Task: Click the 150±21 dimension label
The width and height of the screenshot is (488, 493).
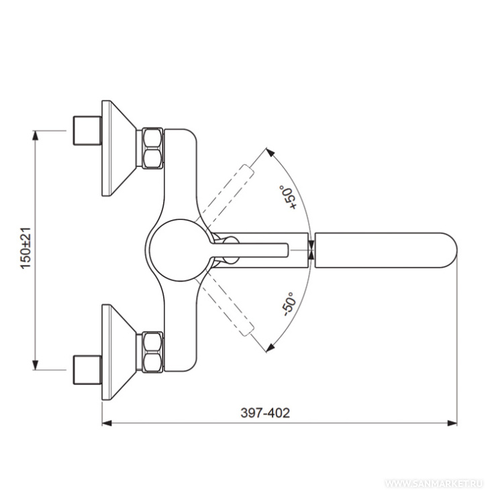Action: coord(26,248)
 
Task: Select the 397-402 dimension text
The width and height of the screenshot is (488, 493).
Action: coord(265,413)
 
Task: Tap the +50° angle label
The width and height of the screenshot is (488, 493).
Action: coord(287,197)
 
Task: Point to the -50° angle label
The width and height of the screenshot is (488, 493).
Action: coord(289,304)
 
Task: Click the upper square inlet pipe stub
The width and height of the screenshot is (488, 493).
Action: coord(87,131)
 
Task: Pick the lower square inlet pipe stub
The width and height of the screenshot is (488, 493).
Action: coord(87,370)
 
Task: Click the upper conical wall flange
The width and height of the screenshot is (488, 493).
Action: coord(119,148)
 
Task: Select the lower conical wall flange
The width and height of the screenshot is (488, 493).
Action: coord(119,352)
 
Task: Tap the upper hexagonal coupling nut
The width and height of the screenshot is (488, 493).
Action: coord(152,148)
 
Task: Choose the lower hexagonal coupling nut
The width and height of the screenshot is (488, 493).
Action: coord(152,352)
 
